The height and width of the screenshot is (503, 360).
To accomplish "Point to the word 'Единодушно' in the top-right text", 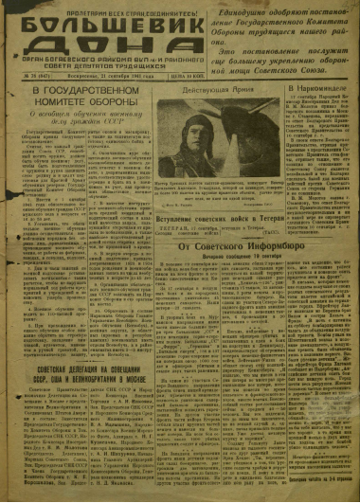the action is pyautogui.click(x=278, y=7).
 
